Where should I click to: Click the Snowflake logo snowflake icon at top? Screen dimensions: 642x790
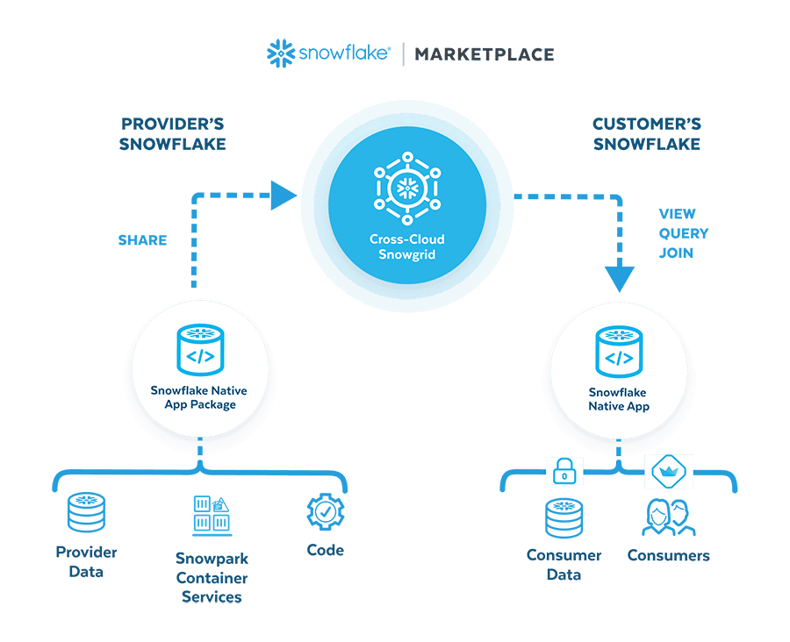click(281, 53)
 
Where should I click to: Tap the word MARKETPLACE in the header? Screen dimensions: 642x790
click(485, 54)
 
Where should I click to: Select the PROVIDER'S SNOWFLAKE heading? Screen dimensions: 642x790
click(174, 133)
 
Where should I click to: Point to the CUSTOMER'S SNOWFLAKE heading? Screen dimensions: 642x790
click(647, 133)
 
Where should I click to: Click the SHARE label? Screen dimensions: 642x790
click(142, 239)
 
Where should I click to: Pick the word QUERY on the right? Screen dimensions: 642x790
click(683, 233)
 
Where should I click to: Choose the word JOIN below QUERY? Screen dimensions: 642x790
click(676, 253)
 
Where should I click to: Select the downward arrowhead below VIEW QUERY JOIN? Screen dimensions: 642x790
click(619, 278)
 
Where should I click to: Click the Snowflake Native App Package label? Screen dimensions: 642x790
click(199, 397)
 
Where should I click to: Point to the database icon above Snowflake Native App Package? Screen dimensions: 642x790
click(199, 348)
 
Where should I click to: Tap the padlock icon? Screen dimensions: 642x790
click(564, 472)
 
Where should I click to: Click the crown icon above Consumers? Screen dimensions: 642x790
click(669, 471)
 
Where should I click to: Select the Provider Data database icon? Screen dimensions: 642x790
click(86, 514)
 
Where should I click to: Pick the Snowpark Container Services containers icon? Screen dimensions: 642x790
click(212, 517)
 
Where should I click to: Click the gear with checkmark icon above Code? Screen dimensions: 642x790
click(326, 512)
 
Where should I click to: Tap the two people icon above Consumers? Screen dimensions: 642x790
click(669, 517)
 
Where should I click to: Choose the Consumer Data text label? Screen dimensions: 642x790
click(564, 565)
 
